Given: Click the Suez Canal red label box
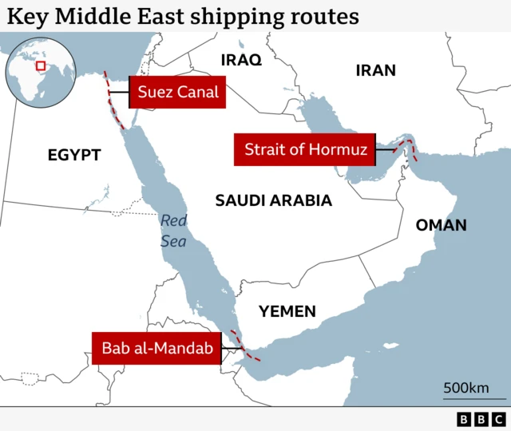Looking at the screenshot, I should coord(177,92).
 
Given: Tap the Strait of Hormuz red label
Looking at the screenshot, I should coord(305,149).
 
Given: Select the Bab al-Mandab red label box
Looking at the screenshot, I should coord(156,348).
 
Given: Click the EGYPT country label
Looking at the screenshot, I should coord(74,155).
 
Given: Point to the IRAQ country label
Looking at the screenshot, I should coord(241,61).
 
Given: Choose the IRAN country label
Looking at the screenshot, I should coord(375,70).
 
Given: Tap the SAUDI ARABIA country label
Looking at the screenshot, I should coord(273,200).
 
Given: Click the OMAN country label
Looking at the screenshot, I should coord(441,225).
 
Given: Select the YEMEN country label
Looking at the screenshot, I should coord(287,311).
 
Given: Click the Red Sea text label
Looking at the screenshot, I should coord(173,230).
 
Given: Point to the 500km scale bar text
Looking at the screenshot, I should coord(466,388).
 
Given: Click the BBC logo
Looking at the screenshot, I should coord(481,419).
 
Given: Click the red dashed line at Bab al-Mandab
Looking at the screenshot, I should coord(242,346).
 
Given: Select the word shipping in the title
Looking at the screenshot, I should coord(245,16).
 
